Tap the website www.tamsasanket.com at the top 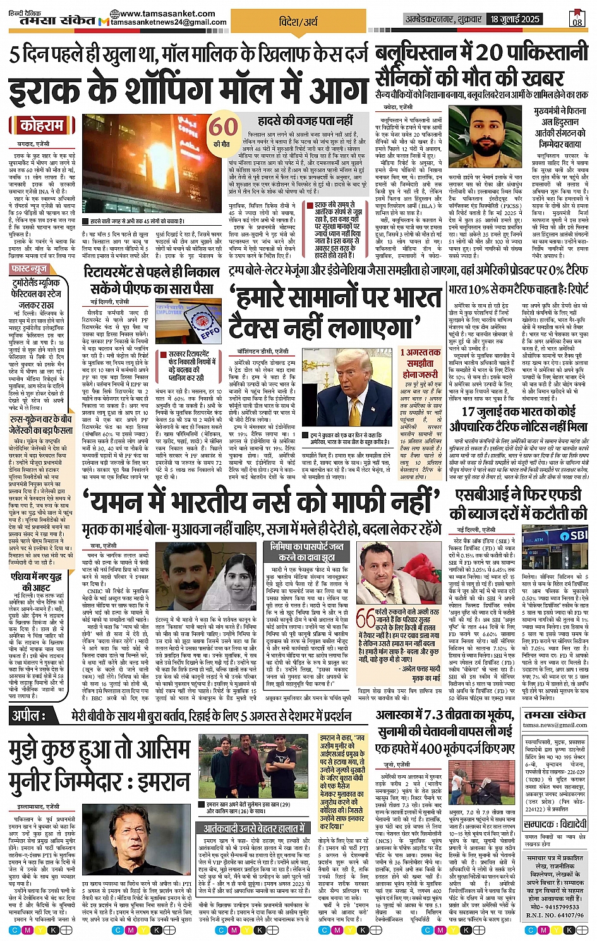[x=167, y=13]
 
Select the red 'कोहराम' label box [x=42, y=125]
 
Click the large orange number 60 [x=222, y=127]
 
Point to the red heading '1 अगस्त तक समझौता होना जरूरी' [x=420, y=363]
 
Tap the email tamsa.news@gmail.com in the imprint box [x=555, y=725]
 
